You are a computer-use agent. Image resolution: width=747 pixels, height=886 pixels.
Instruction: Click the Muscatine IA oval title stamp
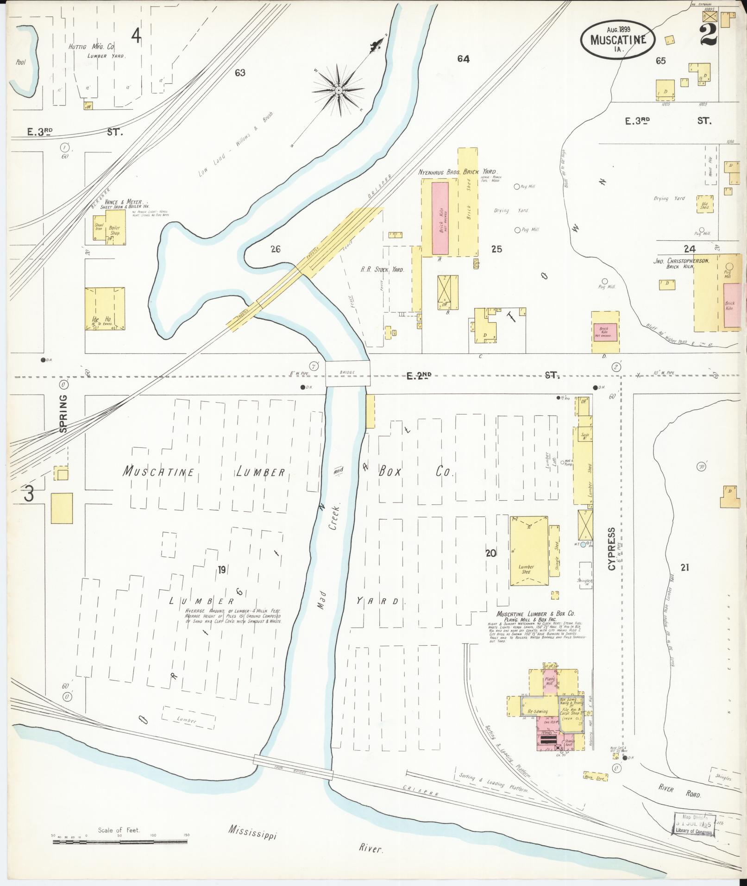pos(618,39)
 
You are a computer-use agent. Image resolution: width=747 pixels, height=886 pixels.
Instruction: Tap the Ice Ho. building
pos(105,308)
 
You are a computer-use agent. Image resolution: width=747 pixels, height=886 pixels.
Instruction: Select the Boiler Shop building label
pos(114,230)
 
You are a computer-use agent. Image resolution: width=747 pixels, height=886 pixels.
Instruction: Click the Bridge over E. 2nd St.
pos(347,373)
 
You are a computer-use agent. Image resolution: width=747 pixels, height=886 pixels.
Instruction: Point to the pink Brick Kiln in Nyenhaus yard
pos(440,218)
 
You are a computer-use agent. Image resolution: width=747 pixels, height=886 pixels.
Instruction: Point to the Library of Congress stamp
pos(693,824)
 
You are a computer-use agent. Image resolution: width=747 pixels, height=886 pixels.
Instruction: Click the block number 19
pos(222,570)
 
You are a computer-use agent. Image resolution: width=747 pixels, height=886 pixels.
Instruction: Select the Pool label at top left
pos(20,62)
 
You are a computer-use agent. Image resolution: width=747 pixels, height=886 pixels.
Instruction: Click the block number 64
pos(463,59)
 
